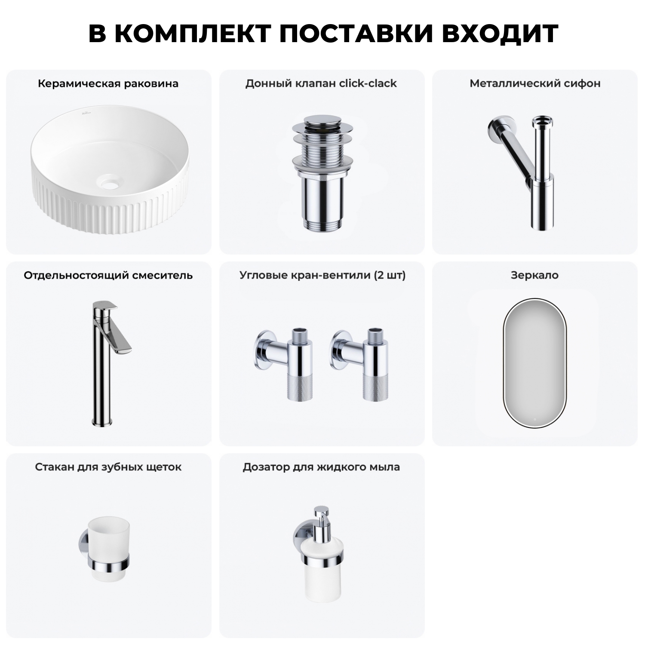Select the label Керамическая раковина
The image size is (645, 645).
pos(108,83)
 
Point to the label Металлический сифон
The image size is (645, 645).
pos(535,83)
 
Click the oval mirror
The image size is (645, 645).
pos(534,362)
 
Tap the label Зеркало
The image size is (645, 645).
pos(534,275)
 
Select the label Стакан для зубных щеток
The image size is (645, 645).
pos(108,467)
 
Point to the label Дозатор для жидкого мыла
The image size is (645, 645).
pos(321,467)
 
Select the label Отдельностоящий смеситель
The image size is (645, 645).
pos(108,275)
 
